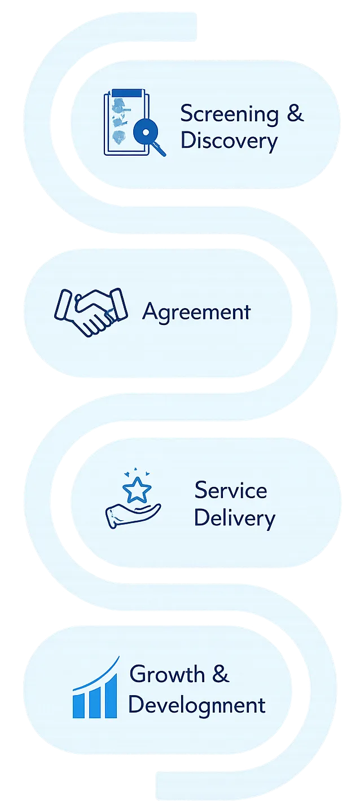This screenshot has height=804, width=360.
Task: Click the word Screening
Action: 229,115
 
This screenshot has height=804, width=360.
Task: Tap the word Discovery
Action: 229,140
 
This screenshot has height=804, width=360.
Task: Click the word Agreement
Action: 196,311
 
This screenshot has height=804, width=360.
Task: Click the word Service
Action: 230,490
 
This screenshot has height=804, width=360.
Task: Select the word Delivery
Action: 234,517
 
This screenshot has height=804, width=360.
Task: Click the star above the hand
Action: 137,490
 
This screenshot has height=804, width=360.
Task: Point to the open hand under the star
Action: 132,515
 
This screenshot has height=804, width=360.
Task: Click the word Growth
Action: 166,675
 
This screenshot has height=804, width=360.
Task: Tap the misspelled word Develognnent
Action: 196,705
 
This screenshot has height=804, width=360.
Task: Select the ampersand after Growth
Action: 221,674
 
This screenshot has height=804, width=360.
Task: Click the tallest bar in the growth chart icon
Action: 111,696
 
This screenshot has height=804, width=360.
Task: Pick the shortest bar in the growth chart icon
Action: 78,705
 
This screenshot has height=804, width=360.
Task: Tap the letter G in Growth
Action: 138,674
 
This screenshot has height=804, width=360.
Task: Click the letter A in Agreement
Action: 150,311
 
